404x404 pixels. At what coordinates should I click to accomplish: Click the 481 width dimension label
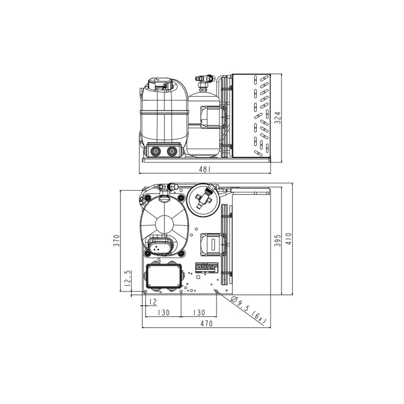(205, 169)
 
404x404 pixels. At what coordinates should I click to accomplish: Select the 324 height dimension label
(278, 117)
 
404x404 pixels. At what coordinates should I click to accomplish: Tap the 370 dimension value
(117, 241)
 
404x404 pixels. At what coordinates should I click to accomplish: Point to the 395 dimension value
(277, 241)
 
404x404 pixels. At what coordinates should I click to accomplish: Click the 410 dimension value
(288, 239)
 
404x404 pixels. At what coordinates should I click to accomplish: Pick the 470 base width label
(206, 323)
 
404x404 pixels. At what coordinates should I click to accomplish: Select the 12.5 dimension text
(127, 279)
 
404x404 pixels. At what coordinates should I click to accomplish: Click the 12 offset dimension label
(153, 302)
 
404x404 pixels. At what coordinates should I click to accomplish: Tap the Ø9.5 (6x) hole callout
(248, 309)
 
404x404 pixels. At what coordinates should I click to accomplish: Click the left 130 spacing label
(163, 312)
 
